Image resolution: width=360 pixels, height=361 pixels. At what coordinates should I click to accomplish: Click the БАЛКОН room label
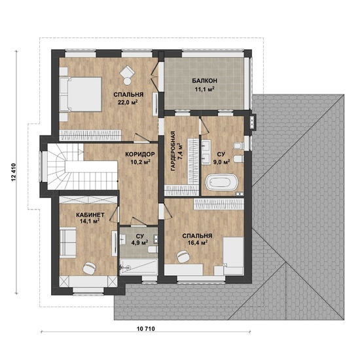pos(204,81)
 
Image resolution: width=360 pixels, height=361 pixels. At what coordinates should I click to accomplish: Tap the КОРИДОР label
pos(140,154)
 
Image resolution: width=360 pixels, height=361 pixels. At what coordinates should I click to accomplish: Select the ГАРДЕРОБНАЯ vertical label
pos(173,151)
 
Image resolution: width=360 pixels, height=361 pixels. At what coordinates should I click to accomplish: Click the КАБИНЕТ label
pos(90,215)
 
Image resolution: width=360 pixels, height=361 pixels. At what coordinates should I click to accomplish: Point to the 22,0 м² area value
pos(128,102)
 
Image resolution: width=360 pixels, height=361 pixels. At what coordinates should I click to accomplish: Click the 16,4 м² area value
pos(198,242)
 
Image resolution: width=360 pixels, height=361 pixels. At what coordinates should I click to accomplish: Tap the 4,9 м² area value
pos(139,242)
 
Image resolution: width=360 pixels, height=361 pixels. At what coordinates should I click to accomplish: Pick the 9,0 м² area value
pos(222,162)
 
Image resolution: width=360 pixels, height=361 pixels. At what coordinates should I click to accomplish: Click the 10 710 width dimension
pos(146,329)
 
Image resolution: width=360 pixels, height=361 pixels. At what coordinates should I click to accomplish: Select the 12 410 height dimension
pos(13,172)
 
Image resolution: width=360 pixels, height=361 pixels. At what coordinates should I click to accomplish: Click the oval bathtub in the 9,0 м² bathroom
pos(221,183)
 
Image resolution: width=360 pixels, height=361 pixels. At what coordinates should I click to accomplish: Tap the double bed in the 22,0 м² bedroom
pos(81,94)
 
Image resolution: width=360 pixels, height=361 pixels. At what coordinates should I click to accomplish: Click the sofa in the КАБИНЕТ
pos(68,242)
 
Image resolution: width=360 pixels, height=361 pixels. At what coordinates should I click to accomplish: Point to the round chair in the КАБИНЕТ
pos(89,268)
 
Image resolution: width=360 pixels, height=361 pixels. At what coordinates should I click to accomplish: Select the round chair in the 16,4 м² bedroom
pos(183,256)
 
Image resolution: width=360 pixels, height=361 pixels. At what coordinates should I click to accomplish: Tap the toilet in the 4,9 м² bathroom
pos(153,250)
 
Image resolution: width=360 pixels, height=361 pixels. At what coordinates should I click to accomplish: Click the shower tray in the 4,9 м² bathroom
pos(139,267)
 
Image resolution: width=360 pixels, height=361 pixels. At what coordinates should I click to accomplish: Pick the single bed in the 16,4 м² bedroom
pos(233,256)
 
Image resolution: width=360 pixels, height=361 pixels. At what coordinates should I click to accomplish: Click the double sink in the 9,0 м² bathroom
pos(206,152)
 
